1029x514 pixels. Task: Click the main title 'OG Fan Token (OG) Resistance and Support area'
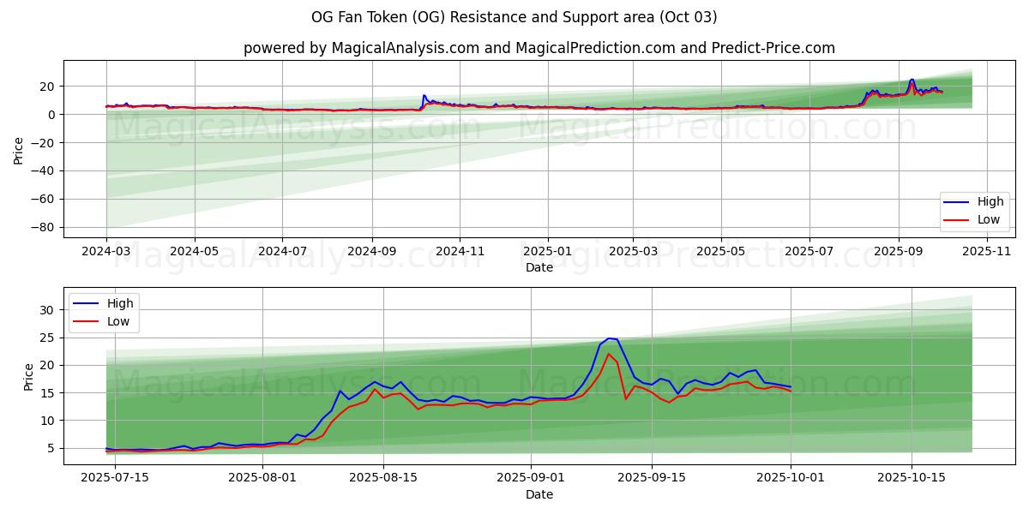point(514,17)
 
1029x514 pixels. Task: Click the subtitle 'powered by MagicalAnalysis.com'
point(360,48)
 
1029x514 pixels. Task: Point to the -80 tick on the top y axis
point(45,228)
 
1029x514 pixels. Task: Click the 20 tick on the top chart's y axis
point(48,87)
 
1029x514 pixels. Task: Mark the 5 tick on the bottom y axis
point(51,448)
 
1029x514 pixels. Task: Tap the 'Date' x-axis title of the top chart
point(539,267)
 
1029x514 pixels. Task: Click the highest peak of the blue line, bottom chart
point(609,338)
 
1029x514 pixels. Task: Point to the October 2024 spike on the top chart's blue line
point(424,96)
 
